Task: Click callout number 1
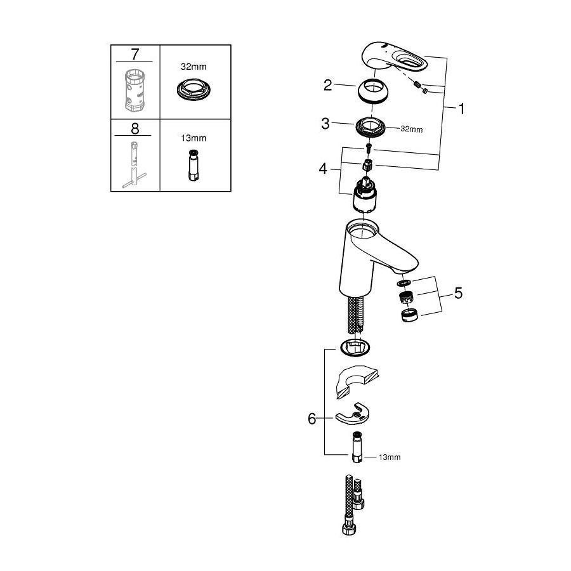461,108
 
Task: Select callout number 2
328,85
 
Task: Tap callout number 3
325,124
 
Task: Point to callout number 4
323,169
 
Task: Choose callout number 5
458,293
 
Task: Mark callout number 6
312,419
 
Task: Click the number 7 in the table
135,55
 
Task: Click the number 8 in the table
135,129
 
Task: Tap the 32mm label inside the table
194,67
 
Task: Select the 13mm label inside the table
194,138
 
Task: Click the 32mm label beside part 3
412,129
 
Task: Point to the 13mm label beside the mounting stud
390,457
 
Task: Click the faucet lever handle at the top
395,58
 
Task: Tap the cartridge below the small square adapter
364,195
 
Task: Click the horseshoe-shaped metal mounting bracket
354,414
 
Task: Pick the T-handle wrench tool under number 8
135,164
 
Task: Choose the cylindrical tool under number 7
135,91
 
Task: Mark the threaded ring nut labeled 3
371,128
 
